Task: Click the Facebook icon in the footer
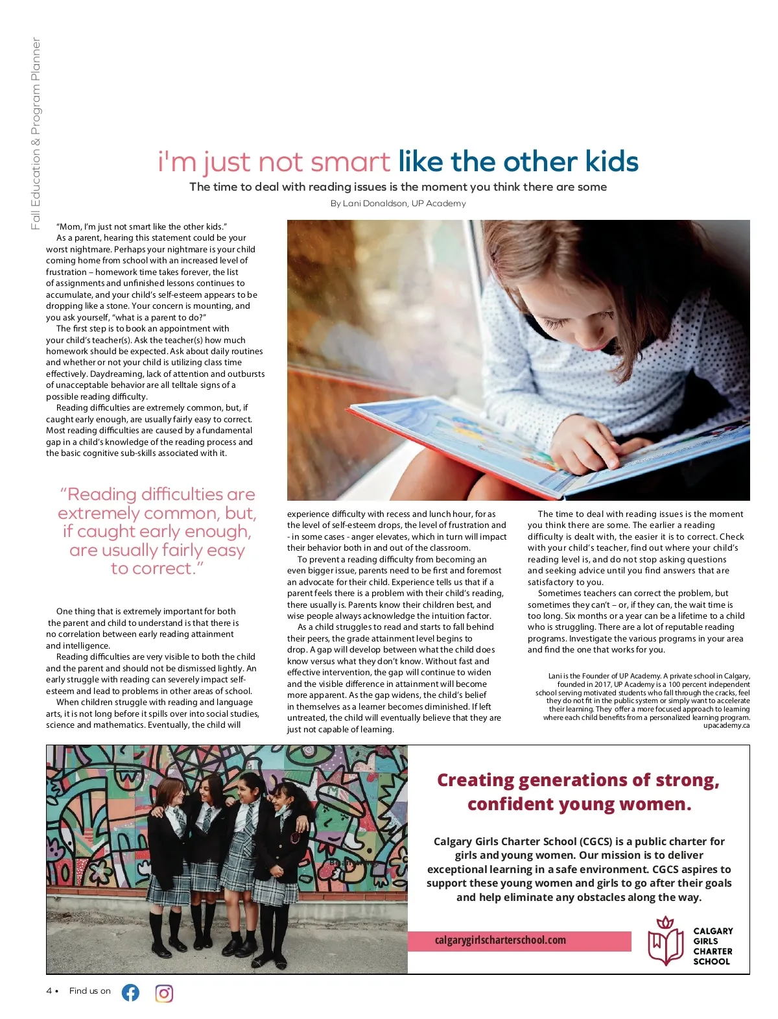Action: tap(130, 992)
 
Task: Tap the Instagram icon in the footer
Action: tap(164, 993)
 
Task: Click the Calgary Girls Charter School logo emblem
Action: tap(665, 941)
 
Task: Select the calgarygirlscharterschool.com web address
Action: tap(500, 940)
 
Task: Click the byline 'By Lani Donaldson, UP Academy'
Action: tap(398, 203)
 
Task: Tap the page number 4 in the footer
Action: tap(49, 991)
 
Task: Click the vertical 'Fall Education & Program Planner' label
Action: tap(36, 133)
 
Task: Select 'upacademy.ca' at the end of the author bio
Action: tap(726, 725)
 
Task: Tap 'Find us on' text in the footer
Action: tap(90, 991)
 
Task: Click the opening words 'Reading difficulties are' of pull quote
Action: tap(158, 494)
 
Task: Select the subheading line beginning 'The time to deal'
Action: tap(398, 187)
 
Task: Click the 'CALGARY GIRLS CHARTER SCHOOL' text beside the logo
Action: tap(713, 946)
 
